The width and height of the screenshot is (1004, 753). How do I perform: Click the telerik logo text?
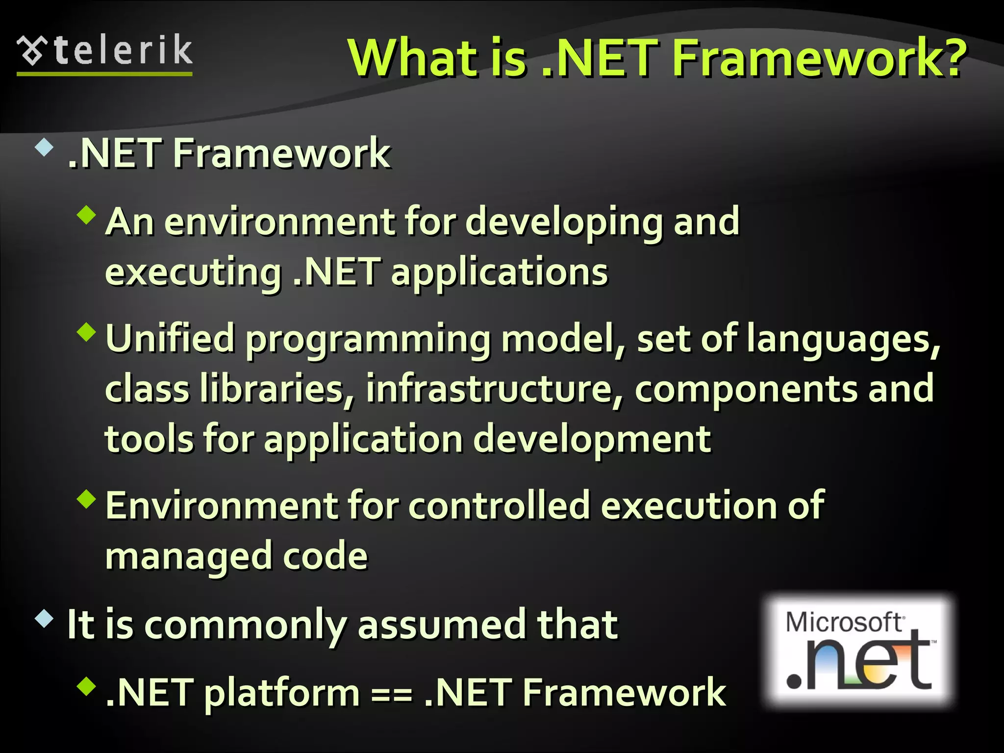tap(123, 50)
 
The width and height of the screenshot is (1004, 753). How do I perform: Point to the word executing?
tap(193, 273)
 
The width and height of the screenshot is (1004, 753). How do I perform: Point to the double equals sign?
tap(391, 694)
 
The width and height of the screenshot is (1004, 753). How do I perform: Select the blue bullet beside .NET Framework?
tap(44, 148)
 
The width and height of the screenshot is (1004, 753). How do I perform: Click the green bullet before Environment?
tap(87, 499)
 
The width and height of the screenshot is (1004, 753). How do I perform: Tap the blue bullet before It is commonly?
tap(44, 619)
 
